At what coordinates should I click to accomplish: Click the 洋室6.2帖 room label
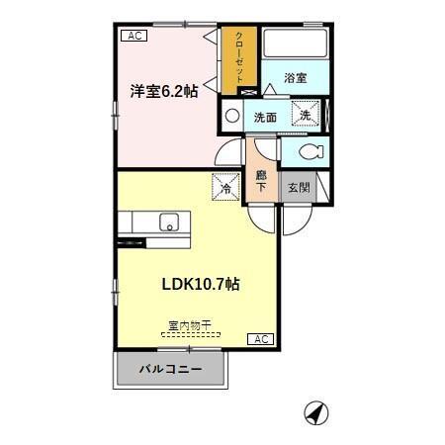point(164,91)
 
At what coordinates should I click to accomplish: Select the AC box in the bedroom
point(134,37)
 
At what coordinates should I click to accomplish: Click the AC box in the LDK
point(260,339)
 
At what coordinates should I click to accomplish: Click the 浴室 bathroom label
point(295,77)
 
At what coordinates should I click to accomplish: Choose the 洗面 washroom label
point(265,117)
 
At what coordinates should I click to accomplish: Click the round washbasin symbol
point(232,115)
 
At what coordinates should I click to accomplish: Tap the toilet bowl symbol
point(309,151)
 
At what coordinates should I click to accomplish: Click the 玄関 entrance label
point(298,185)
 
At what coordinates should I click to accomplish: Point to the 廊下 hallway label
point(262,180)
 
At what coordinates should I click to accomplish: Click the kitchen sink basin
point(168,222)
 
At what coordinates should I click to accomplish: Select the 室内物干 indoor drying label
point(190,324)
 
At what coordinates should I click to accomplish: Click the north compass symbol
point(315,413)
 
